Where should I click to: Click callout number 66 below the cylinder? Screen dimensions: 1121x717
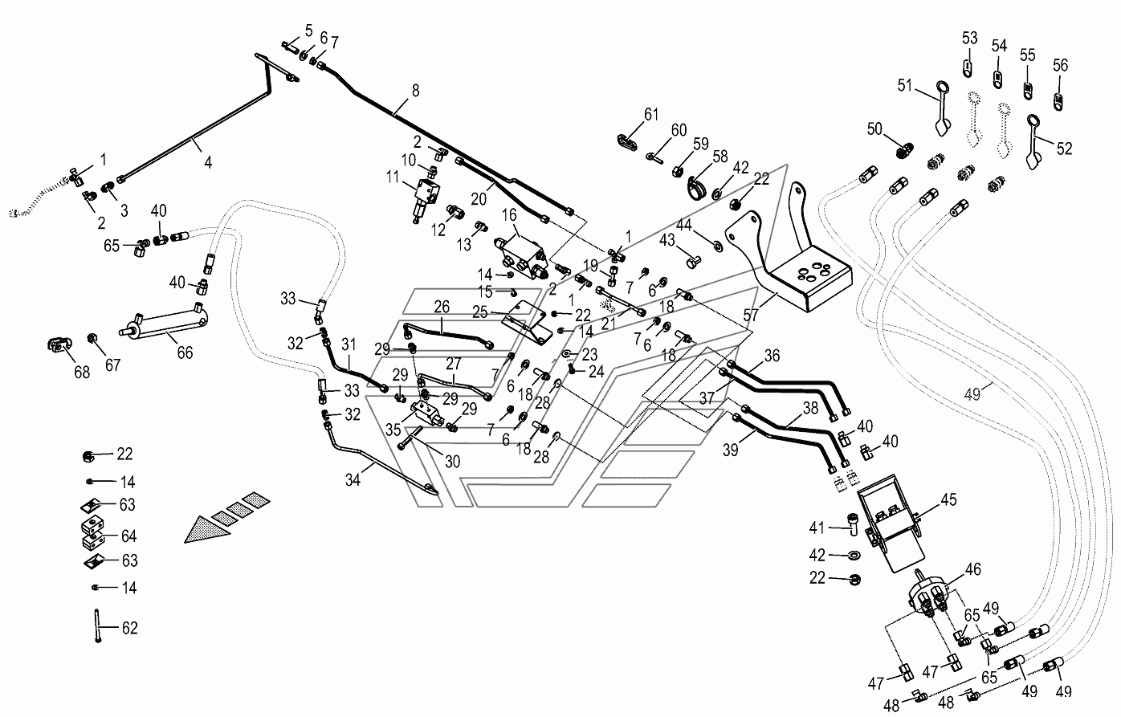click(185, 352)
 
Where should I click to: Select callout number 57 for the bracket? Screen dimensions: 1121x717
click(751, 316)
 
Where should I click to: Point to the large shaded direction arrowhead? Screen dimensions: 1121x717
click(207, 529)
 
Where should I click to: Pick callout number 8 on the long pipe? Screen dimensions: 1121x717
click(415, 91)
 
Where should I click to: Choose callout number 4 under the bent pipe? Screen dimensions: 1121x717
click(208, 162)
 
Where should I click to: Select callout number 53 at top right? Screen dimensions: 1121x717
click(970, 38)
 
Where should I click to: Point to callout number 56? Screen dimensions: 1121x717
click(1060, 65)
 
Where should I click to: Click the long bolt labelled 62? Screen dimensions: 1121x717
click(96, 625)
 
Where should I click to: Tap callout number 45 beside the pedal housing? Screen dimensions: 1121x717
click(948, 499)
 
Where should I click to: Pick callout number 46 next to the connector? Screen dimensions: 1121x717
click(973, 569)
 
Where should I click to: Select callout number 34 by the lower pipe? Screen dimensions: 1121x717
click(353, 480)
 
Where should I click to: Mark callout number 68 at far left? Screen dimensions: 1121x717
click(82, 373)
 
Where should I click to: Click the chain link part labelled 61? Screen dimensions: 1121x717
click(627, 142)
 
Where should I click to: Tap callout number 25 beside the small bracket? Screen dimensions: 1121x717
click(480, 312)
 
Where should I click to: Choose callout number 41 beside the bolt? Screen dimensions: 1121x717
click(817, 528)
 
